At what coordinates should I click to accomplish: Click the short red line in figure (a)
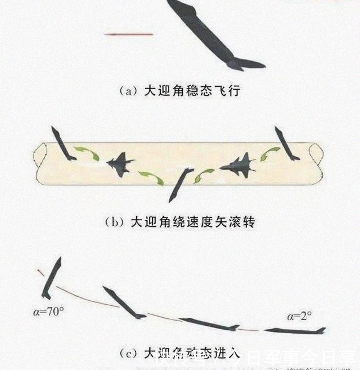pyautogui.click(x=129, y=35)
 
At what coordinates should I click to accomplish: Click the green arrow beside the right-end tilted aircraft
pyautogui.click(x=270, y=153)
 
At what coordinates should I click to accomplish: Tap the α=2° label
pyautogui.click(x=299, y=316)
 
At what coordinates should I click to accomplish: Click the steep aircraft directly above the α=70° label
pyautogui.click(x=52, y=278)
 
